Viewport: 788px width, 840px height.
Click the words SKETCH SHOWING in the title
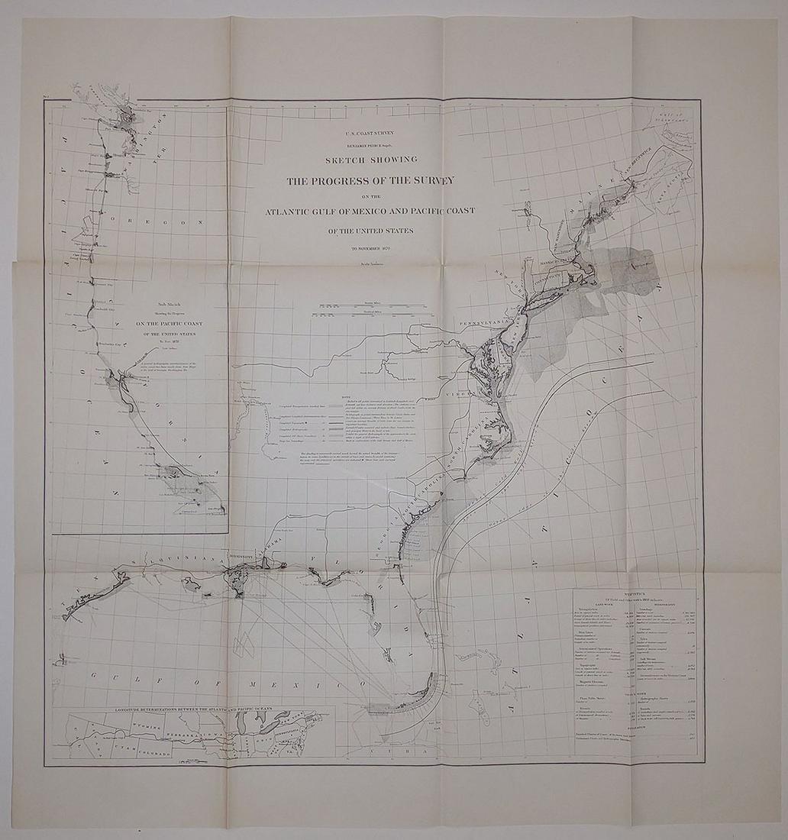(x=371, y=160)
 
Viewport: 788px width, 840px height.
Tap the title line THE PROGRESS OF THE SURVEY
(x=370, y=181)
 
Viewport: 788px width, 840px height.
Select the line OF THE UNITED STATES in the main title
(x=370, y=231)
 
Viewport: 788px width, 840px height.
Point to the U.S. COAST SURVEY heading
(x=370, y=132)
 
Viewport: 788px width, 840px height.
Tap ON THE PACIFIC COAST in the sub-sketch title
(x=166, y=323)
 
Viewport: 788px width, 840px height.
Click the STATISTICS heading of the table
(x=634, y=593)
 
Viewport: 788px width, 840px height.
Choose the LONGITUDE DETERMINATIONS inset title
(x=200, y=710)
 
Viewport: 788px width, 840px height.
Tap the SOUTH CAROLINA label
(x=435, y=473)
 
